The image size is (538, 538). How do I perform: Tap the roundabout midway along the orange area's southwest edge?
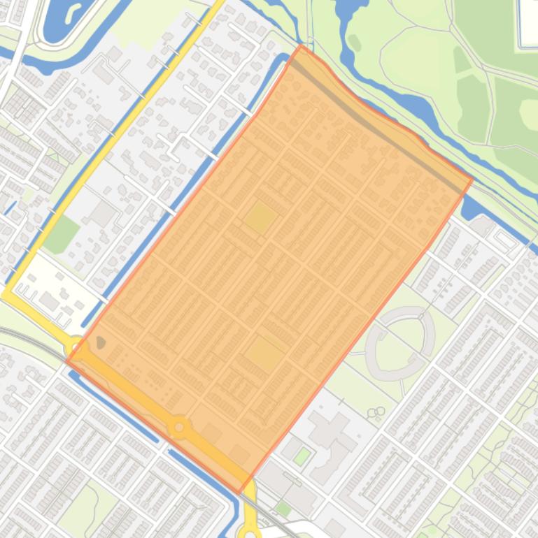pos(180,426)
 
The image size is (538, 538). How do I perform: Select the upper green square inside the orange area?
pos(260,217)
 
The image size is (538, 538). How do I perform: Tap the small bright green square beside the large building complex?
pos(302,457)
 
